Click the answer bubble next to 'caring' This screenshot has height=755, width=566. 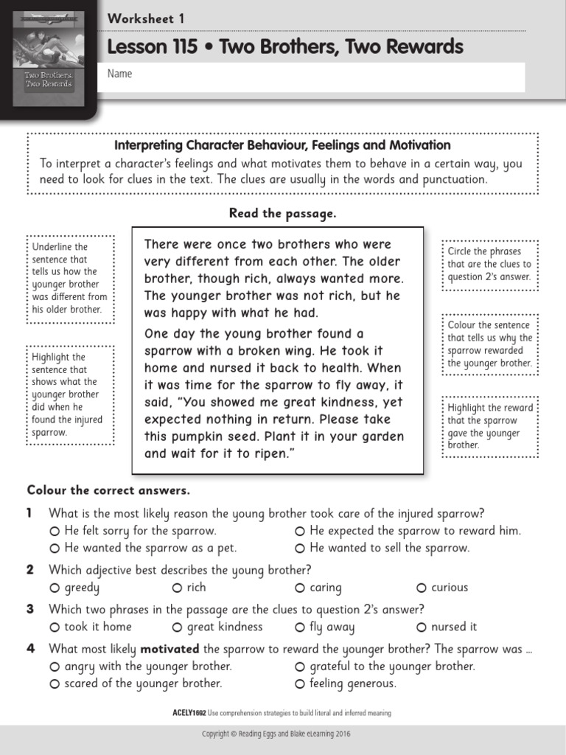point(300,588)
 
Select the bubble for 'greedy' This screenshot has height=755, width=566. point(55,588)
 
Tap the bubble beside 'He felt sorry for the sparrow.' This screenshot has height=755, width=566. point(55,532)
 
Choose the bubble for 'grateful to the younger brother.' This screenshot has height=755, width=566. point(300,667)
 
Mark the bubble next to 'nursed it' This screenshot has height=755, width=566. point(422,627)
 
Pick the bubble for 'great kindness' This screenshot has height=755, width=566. point(177,627)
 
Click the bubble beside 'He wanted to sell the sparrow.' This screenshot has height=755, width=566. point(300,549)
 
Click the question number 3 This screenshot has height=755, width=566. point(30,609)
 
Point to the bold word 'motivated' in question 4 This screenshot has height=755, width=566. point(170,649)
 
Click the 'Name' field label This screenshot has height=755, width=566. point(119,74)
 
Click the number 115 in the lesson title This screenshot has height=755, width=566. point(181,47)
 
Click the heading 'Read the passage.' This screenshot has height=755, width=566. point(282,213)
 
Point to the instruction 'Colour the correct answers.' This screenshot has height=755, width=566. point(108,490)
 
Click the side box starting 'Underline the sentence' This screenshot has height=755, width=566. point(71,279)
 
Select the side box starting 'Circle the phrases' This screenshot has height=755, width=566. point(489,264)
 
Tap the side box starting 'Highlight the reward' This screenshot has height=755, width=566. point(489,426)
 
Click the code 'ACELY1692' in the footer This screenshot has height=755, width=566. point(188,713)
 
